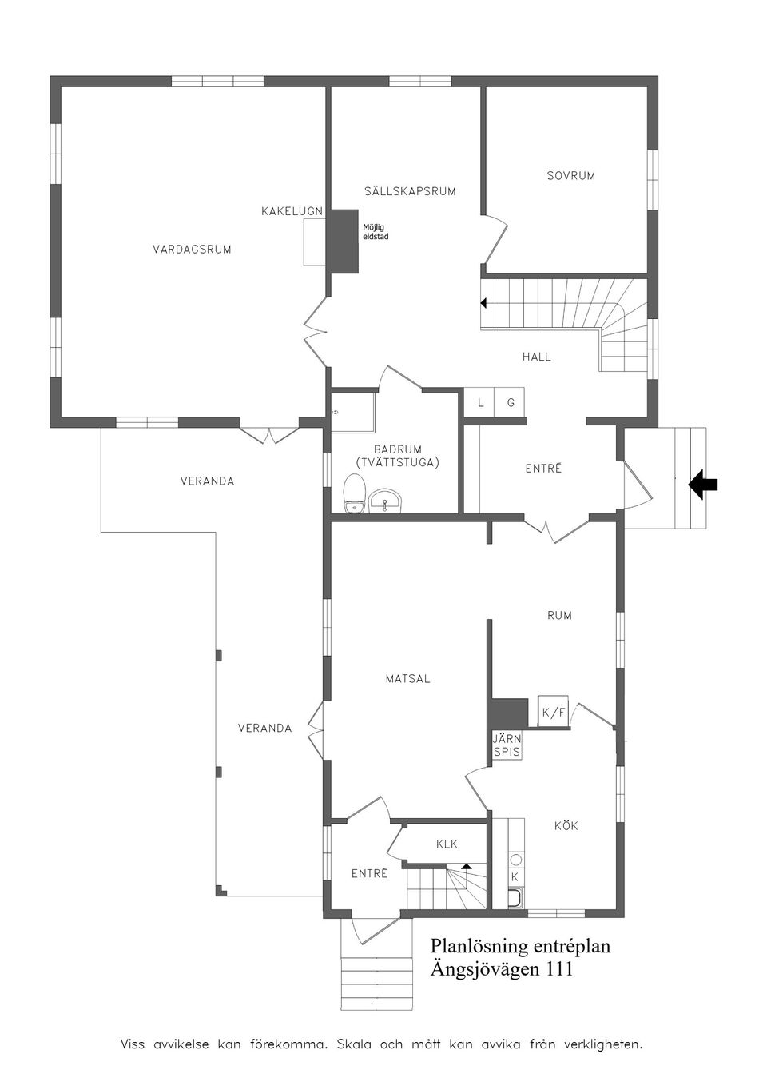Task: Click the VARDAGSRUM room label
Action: coord(192,250)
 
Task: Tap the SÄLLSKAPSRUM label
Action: coord(410,191)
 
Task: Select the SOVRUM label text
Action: coord(570,176)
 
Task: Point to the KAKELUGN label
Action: coord(292,211)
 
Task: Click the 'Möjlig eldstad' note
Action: coord(376,232)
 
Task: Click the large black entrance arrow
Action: coord(703,484)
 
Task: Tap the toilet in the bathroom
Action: coord(354,493)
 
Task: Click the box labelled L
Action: coord(480,403)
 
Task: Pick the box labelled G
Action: coord(510,403)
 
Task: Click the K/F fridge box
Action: coord(553,712)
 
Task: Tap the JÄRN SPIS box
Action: coord(507,745)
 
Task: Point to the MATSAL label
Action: coord(407,679)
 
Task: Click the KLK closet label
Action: coord(447,844)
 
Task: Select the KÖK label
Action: coord(566,825)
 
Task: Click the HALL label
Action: coord(536,357)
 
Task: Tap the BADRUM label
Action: coord(397,450)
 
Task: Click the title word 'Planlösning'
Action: coord(479,946)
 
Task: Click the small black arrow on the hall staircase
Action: coord(483,303)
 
